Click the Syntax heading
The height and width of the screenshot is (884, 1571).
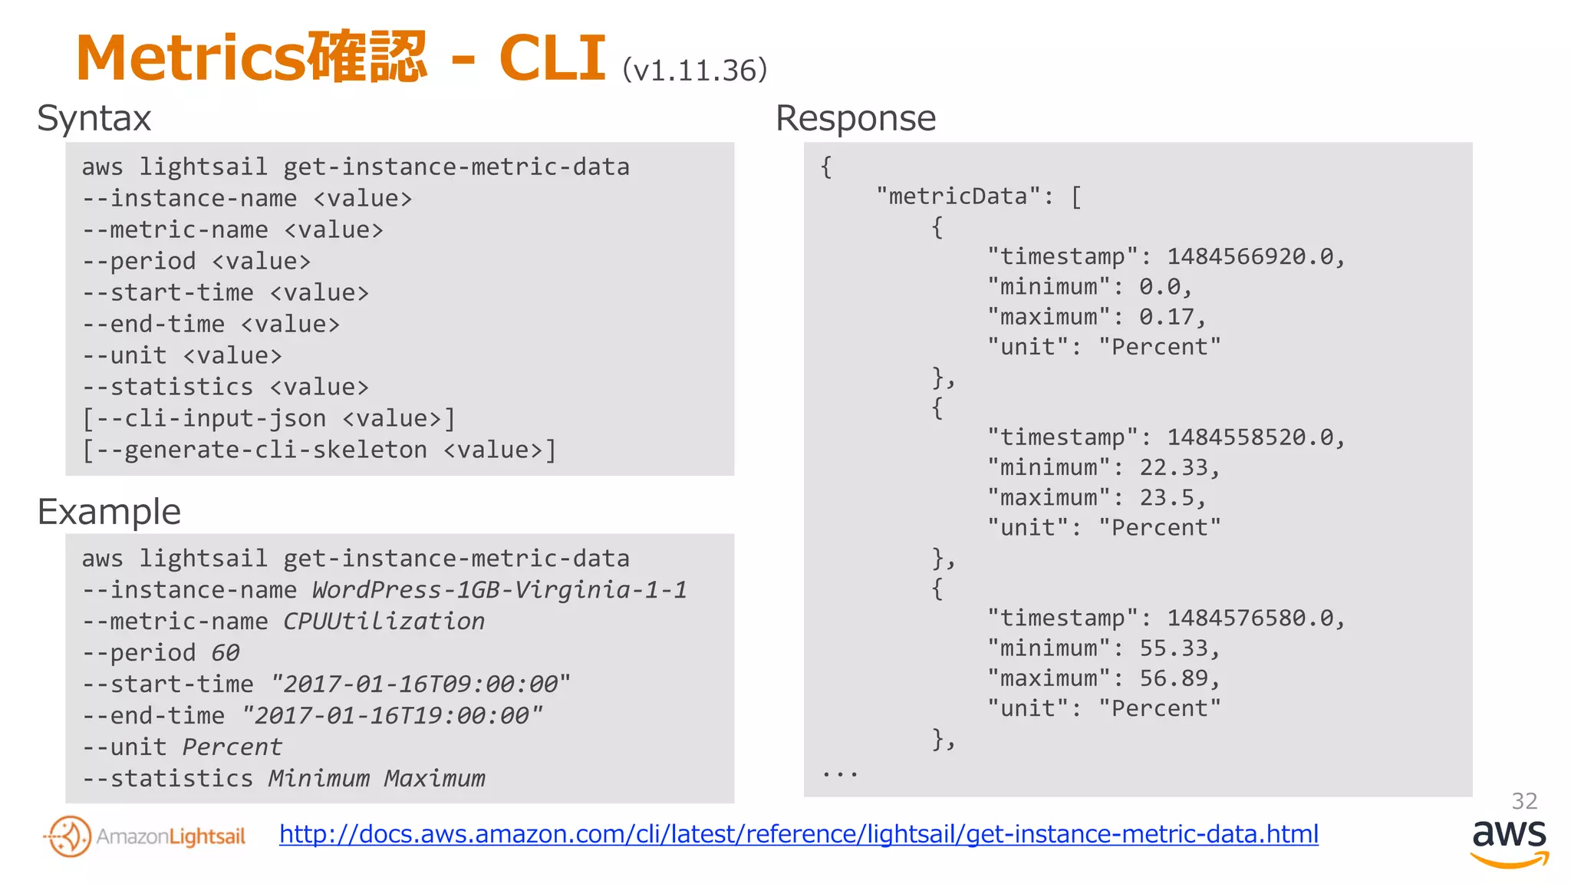pyautogui.click(x=94, y=119)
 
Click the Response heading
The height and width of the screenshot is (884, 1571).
pyautogui.click(x=855, y=119)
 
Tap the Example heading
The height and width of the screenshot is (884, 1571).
pyautogui.click(x=109, y=512)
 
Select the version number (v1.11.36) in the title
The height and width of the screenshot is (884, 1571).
pyautogui.click(x=694, y=71)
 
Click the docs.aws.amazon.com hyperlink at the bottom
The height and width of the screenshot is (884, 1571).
pyautogui.click(x=799, y=834)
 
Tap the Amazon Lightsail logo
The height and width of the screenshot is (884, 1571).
pyautogui.click(x=145, y=836)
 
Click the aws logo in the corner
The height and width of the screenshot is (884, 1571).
pyautogui.click(x=1509, y=841)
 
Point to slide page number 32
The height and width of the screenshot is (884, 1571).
pyautogui.click(x=1523, y=801)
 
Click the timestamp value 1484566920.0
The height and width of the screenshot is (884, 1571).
pyautogui.click(x=1255, y=256)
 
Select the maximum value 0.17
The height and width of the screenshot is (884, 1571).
pyautogui.click(x=1172, y=317)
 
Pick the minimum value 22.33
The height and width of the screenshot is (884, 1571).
pyautogui.click(x=1178, y=467)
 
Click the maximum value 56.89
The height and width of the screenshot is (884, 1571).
pyautogui.click(x=1178, y=678)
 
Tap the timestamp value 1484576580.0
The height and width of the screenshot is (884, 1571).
pyautogui.click(x=1255, y=618)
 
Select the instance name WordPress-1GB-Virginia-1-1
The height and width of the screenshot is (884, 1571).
pyautogui.click(x=499, y=590)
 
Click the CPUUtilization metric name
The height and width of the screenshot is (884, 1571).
pyautogui.click(x=384, y=622)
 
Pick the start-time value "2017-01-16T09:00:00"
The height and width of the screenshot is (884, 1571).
pyautogui.click(x=420, y=684)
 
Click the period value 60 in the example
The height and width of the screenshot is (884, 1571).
pyautogui.click(x=226, y=653)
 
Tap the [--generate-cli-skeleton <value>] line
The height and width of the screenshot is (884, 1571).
pyautogui.click(x=318, y=450)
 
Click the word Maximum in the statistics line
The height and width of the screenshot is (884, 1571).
pyautogui.click(x=435, y=779)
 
